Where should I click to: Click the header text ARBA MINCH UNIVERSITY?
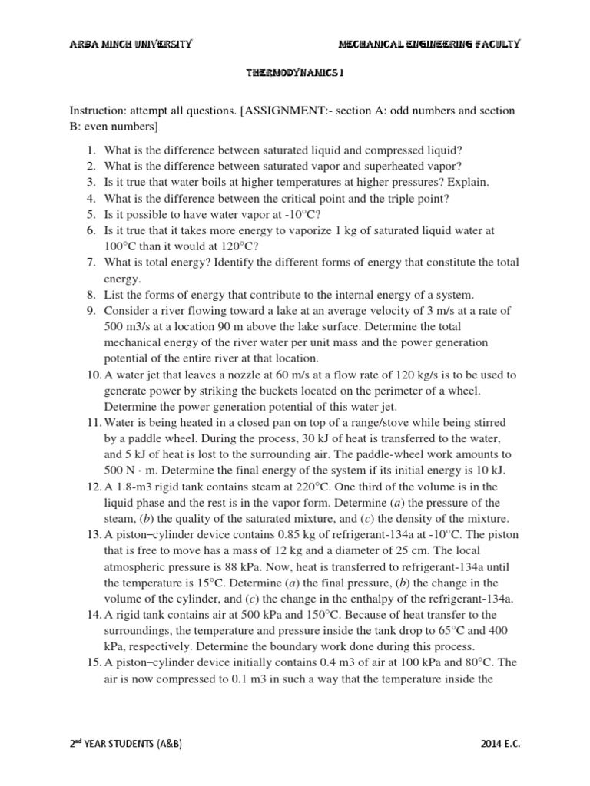tap(131, 44)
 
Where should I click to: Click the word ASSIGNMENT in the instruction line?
tap(283, 111)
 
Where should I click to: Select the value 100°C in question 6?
tap(121, 246)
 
